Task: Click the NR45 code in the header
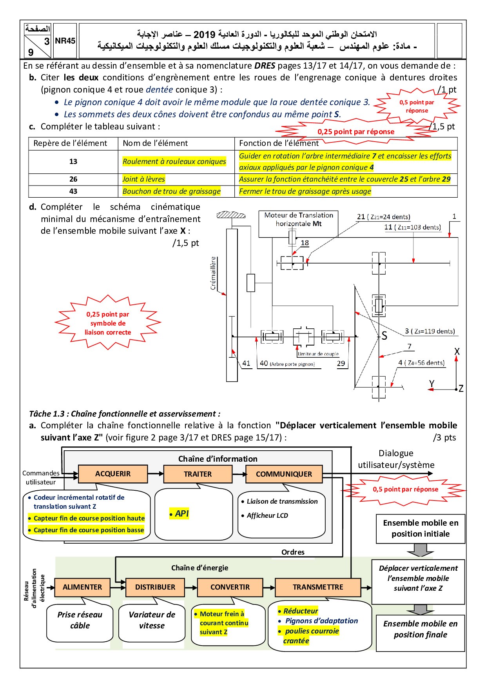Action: pyautogui.click(x=65, y=41)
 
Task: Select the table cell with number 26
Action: pyautogui.click(x=73, y=179)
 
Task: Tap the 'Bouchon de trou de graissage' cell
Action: pyautogui.click(x=172, y=191)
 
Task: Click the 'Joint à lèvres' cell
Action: pyautogui.click(x=144, y=179)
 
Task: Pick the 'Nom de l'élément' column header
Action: pyautogui.click(x=155, y=143)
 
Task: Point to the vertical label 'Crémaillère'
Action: pyautogui.click(x=213, y=273)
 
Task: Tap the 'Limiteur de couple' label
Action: pyautogui.click(x=318, y=354)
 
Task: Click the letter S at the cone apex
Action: pyautogui.click(x=384, y=336)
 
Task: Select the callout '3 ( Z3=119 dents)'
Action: pyautogui.click(x=430, y=331)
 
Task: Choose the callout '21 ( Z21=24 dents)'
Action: pyautogui.click(x=383, y=217)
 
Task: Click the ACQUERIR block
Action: pyautogui.click(x=113, y=474)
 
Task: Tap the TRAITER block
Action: pyautogui.click(x=198, y=474)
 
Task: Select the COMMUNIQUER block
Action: pyautogui.click(x=284, y=474)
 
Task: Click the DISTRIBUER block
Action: pyautogui.click(x=155, y=587)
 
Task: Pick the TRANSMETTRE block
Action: pyautogui.click(x=317, y=587)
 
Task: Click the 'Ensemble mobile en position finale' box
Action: pyautogui.click(x=420, y=629)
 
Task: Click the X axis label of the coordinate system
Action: pyautogui.click(x=457, y=351)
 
